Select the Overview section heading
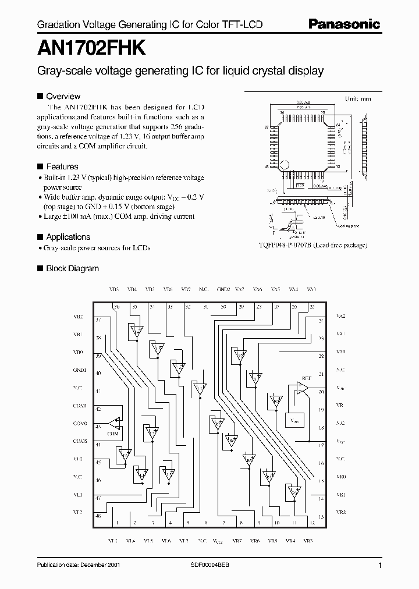(x=63, y=96)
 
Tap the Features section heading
(x=62, y=166)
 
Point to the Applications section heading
(x=68, y=237)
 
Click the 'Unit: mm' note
(x=357, y=98)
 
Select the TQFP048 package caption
(x=313, y=245)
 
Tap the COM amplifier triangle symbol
(x=114, y=423)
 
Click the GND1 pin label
(x=80, y=370)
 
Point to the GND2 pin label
(x=223, y=289)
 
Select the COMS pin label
(x=80, y=441)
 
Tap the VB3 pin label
(x=113, y=289)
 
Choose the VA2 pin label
(x=341, y=317)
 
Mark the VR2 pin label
(x=341, y=512)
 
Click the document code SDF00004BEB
(x=210, y=566)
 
